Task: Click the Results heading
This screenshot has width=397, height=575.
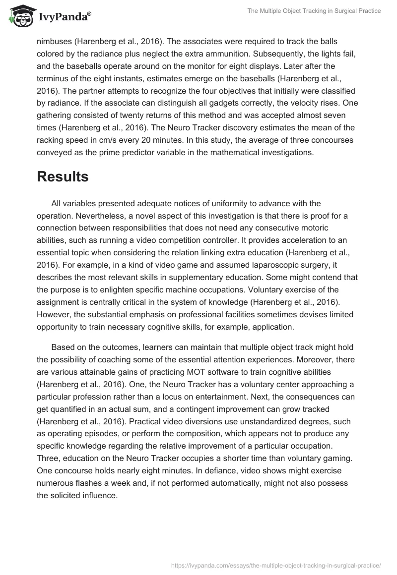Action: point(63,177)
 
